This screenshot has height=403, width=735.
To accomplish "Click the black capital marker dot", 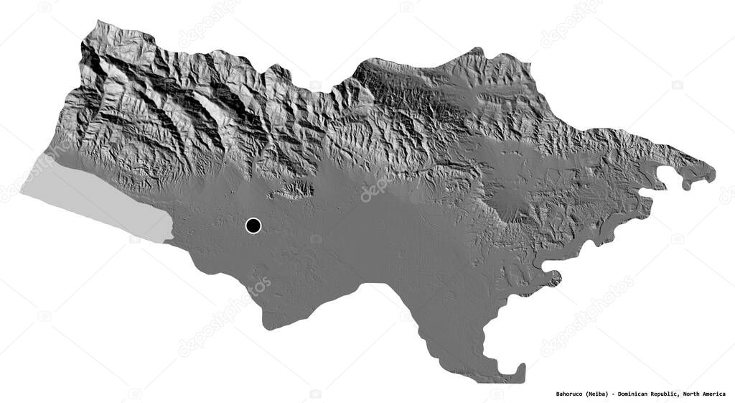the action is coord(253,226).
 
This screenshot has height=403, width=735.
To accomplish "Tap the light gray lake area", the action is coord(93,198).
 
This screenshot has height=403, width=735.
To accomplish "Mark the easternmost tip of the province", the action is coord(714,173).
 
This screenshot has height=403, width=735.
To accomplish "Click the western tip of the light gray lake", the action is coord(22,192).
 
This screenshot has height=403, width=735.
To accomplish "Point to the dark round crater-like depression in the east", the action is coord(514,205).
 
